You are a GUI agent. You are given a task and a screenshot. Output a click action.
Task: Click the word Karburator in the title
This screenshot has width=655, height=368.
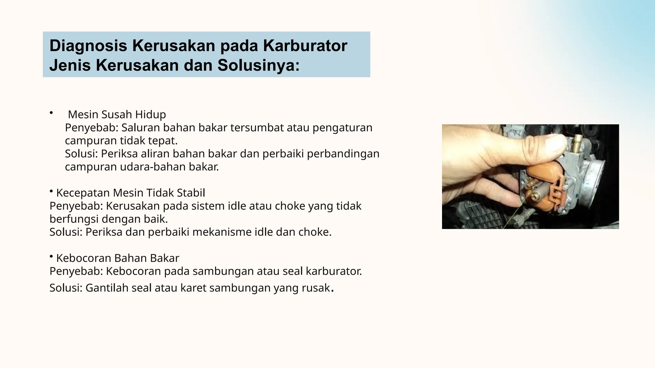click(305, 46)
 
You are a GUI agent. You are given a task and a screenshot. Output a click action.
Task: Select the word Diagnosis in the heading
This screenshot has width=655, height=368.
click(88, 46)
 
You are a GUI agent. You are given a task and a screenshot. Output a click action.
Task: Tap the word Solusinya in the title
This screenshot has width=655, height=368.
click(258, 65)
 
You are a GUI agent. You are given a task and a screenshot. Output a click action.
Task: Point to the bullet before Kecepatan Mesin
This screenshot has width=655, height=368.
click(51, 191)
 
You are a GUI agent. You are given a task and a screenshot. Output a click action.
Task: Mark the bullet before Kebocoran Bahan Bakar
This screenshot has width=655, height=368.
click(51, 256)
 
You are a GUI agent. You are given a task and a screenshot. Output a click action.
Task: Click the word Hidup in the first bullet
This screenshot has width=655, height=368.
click(150, 114)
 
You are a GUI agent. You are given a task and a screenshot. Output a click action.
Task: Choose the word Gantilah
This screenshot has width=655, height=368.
click(107, 288)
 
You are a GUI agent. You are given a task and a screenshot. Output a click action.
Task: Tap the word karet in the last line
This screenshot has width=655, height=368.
click(193, 288)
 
